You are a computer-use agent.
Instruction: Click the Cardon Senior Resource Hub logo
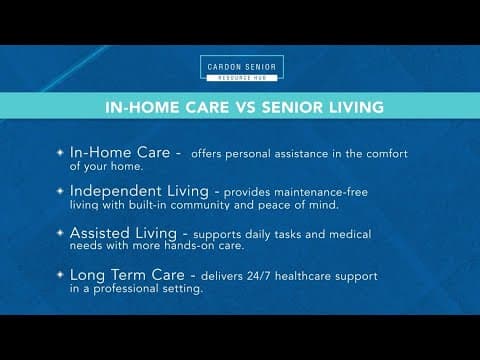[x=240, y=69]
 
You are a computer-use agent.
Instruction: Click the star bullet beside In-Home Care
[x=58, y=153]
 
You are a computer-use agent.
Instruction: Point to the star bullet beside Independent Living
[x=58, y=191]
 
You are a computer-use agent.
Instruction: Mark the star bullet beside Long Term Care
[x=58, y=275]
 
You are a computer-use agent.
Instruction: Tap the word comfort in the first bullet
[x=385, y=154]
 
